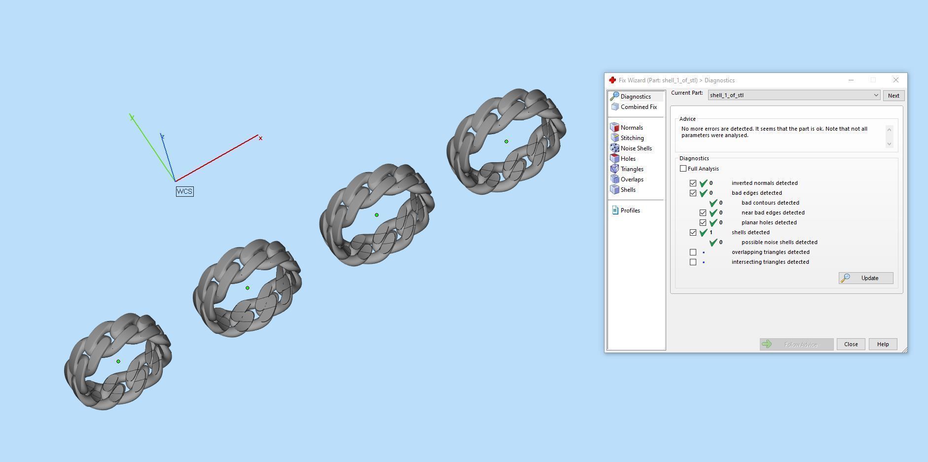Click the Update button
(866, 278)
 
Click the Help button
(883, 344)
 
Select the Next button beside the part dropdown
(893, 96)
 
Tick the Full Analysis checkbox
(683, 169)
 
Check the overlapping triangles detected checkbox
(693, 252)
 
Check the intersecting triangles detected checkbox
(693, 262)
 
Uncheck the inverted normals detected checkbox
(693, 183)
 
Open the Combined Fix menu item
(638, 107)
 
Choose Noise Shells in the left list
(636, 148)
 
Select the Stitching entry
(632, 138)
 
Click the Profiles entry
(630, 211)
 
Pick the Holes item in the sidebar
(628, 159)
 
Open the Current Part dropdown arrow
(876, 95)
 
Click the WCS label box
(184, 191)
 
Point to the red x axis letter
(260, 138)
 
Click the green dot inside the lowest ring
(118, 361)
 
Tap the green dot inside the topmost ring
(506, 142)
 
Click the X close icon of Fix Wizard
(895, 80)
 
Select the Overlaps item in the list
(632, 179)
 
